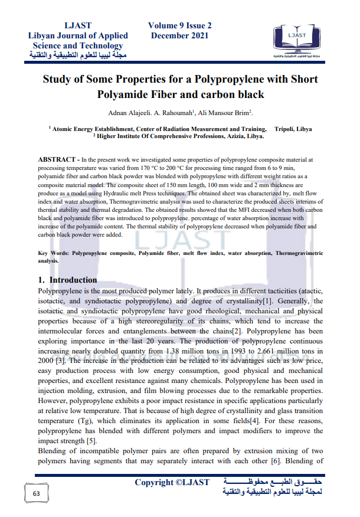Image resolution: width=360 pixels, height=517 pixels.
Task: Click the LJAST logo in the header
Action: (x=300, y=42)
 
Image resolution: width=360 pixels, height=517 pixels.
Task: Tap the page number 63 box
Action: (x=36, y=492)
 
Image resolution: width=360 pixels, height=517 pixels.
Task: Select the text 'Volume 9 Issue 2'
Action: (x=180, y=25)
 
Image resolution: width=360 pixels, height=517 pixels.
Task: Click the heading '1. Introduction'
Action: (x=67, y=280)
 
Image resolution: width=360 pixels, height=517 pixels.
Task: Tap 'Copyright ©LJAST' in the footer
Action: (x=172, y=482)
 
